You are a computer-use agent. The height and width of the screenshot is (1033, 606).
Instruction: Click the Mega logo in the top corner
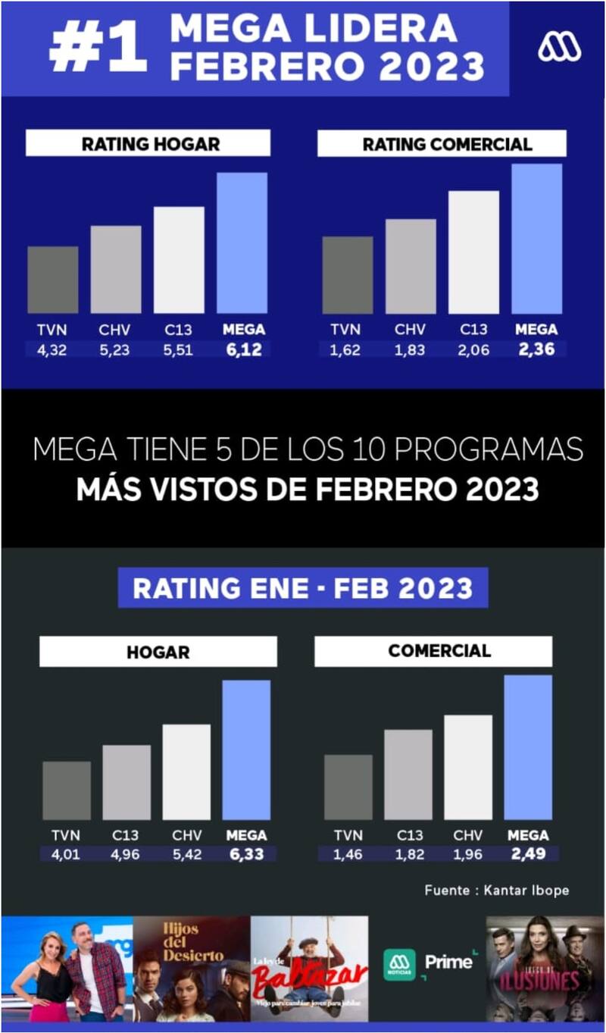(x=559, y=47)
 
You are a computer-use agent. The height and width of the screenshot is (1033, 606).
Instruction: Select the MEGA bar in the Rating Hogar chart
(x=242, y=243)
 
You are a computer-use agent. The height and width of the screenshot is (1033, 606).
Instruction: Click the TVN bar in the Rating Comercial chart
(x=347, y=274)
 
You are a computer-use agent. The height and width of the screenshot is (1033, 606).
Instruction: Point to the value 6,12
(x=242, y=349)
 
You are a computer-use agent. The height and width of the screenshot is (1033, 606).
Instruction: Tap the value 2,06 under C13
(x=473, y=349)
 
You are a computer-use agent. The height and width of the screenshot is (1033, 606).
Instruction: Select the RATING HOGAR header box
(x=148, y=143)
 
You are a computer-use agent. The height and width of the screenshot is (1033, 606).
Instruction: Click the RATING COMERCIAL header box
(x=442, y=143)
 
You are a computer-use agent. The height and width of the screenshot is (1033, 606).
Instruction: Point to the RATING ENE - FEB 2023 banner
(x=302, y=588)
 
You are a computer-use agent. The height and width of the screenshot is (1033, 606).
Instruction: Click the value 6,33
(x=247, y=854)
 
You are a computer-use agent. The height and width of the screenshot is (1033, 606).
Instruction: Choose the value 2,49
(x=528, y=854)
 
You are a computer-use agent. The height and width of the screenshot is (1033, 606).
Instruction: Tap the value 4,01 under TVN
(x=66, y=854)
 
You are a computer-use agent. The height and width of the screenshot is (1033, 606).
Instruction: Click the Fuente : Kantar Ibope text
(x=496, y=890)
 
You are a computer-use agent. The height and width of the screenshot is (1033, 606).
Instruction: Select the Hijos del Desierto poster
(x=191, y=969)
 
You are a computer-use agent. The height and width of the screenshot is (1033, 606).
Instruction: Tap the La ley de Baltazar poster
(x=309, y=969)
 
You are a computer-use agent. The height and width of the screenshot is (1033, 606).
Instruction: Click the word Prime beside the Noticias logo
(x=448, y=962)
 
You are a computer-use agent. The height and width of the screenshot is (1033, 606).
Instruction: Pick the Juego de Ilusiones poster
(x=545, y=969)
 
